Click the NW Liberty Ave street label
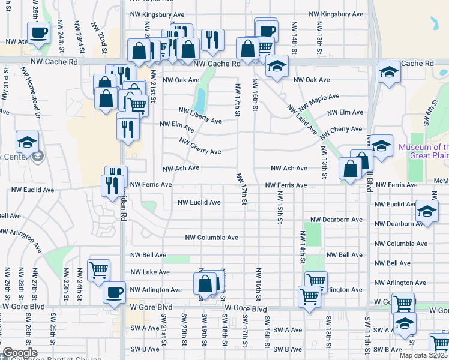point(200,115)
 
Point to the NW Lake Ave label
point(149,272)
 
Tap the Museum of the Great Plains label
point(423,151)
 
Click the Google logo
point(20,353)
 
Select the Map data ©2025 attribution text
point(423,355)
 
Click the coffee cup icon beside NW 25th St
point(39,32)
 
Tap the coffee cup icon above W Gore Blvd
point(114,292)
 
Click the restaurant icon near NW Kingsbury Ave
point(212,40)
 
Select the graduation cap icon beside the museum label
point(381,145)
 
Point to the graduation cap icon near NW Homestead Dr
point(27,142)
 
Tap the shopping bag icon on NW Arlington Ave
point(205,283)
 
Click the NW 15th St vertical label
point(280,205)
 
